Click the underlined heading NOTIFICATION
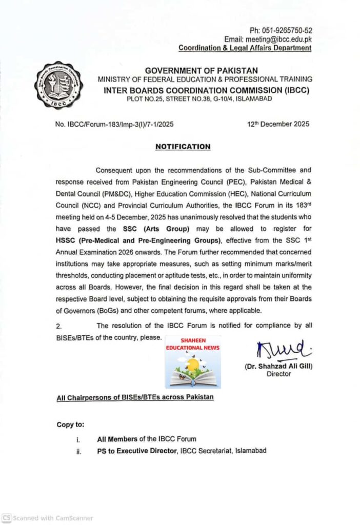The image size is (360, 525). tap(183, 146)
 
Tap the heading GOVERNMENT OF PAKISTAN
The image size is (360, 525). tap(201, 70)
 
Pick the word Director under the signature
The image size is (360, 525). tap(279, 374)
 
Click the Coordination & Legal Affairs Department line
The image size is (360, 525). tap(245, 48)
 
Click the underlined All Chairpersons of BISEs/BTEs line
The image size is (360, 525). tap(135, 397)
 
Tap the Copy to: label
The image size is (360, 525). tap(71, 425)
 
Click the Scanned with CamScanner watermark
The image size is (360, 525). tap(47, 518)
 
